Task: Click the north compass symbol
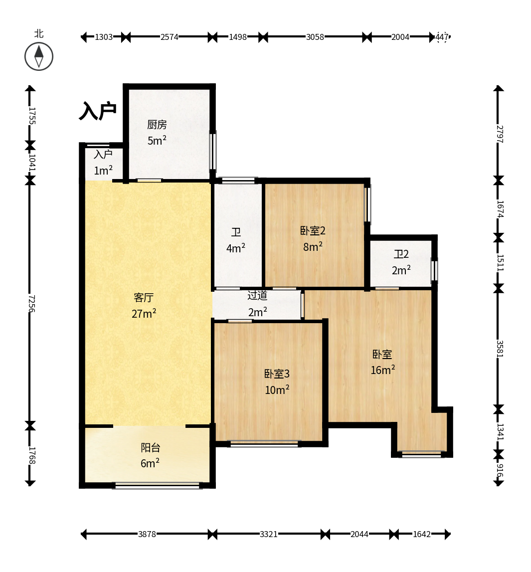coord(39,56)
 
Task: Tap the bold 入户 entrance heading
coord(98,111)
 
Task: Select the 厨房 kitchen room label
coord(157,125)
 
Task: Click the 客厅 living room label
coord(144,298)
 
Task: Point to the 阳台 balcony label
coord(150,448)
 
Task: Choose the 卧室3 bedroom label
coord(277,374)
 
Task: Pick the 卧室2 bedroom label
coord(313,230)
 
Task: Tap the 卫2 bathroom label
coord(401,254)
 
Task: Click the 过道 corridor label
coord(257,296)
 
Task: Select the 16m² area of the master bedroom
coord(383,370)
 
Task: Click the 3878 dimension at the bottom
coord(147,534)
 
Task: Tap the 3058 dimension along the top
coord(315,37)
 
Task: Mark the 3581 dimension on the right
coord(500,349)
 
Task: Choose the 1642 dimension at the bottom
coord(422,534)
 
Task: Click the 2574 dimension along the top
coord(170,37)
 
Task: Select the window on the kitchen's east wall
coord(213,151)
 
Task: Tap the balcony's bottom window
coord(157,486)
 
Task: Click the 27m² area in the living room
coord(144,313)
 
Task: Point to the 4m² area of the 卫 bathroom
coord(236,248)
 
